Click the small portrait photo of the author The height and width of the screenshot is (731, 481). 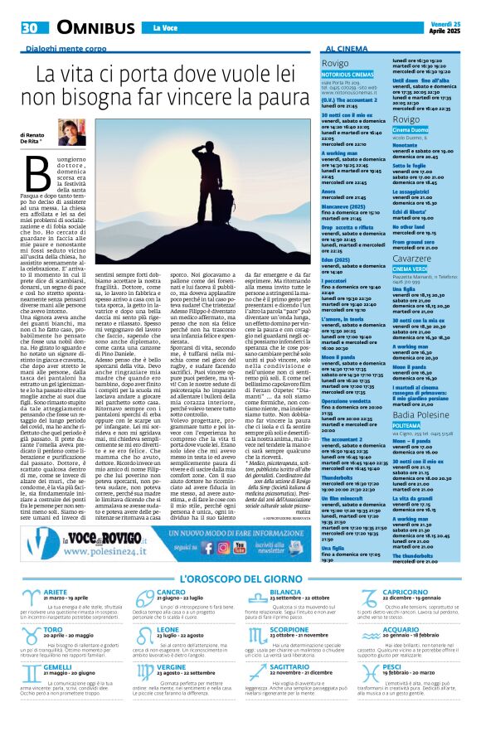point(71,133)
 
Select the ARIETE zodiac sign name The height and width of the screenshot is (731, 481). point(56,592)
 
